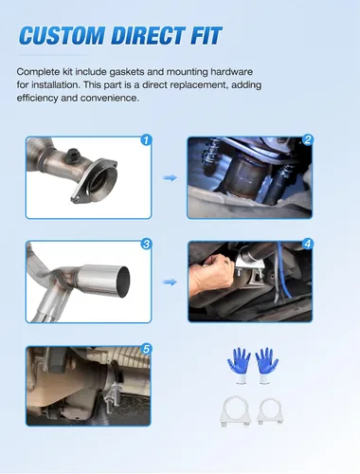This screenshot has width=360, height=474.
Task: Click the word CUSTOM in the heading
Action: coord(62,35)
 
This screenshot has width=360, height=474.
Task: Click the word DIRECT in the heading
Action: coord(148,35)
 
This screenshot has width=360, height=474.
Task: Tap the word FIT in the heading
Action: coord(207,35)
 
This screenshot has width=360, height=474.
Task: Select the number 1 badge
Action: coord(146,139)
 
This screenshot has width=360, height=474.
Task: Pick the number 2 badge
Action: coord(308,139)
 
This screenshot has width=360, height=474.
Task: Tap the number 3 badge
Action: coord(146,244)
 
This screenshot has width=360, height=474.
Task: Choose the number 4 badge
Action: coord(308,244)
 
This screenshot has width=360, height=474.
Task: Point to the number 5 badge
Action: coord(146,349)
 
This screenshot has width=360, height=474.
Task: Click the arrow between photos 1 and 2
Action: coord(170,178)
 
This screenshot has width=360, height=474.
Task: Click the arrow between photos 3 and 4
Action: coord(170,282)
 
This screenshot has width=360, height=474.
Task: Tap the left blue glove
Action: coord(239,365)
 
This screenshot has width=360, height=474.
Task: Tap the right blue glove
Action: coord(266,365)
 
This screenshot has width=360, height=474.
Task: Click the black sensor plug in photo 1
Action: coord(73,154)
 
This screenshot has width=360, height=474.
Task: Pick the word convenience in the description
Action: coord(110,98)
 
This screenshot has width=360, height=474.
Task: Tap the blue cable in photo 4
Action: coord(282,268)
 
